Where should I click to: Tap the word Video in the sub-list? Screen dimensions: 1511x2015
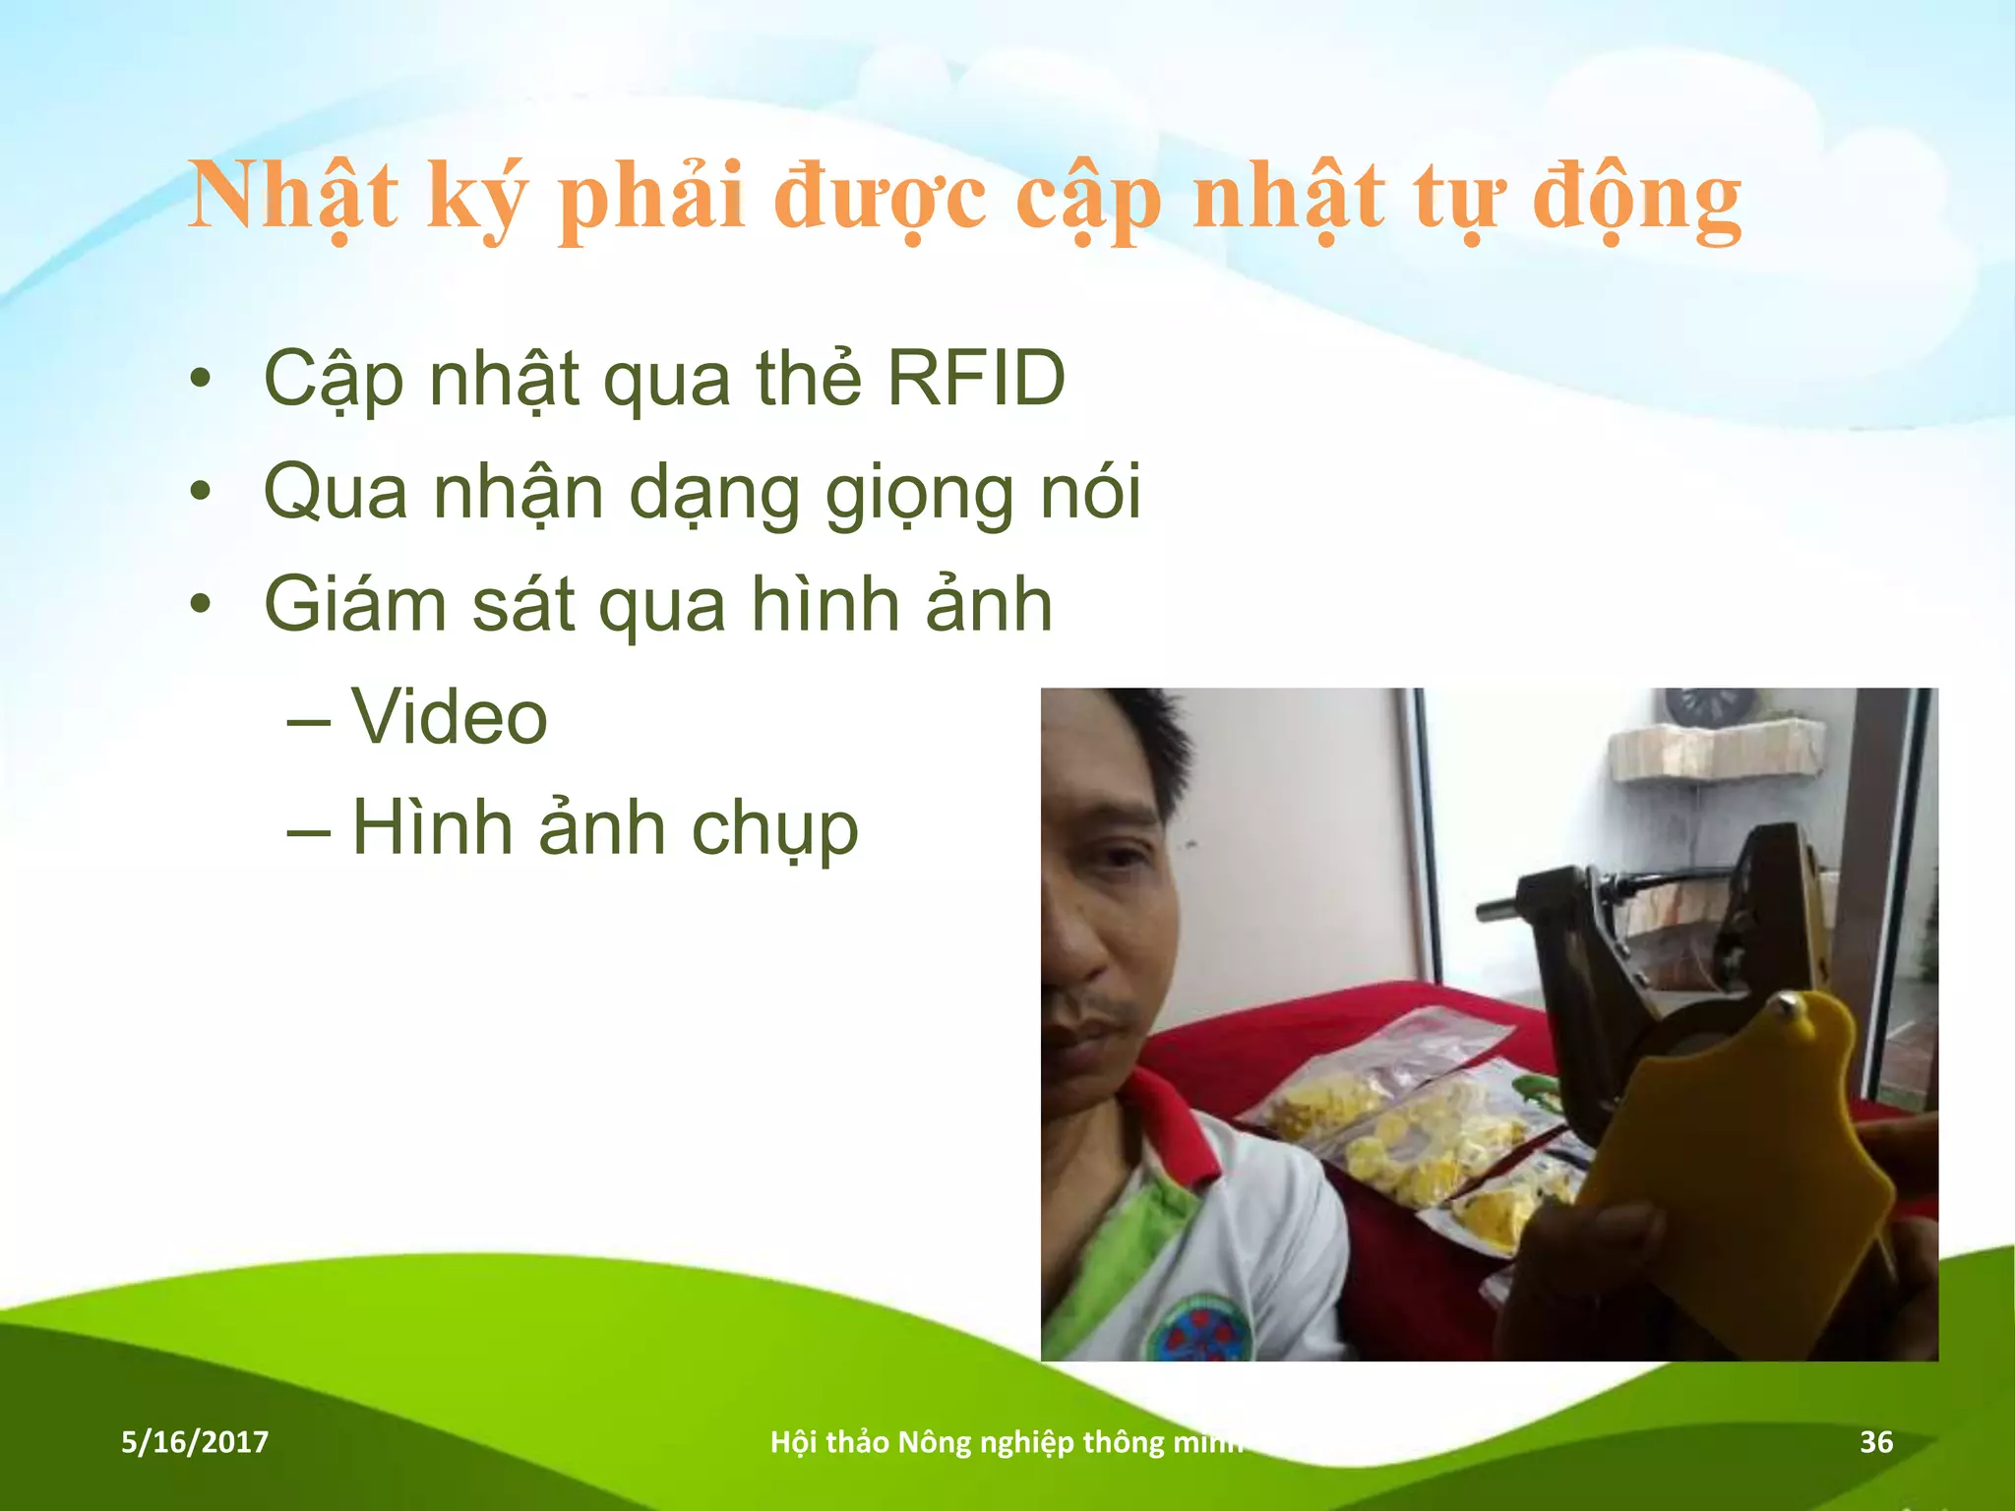coord(450,716)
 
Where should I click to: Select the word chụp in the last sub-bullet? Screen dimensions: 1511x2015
coord(774,829)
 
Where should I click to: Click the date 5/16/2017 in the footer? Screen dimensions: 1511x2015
coord(195,1442)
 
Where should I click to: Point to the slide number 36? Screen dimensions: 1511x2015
coord(1875,1442)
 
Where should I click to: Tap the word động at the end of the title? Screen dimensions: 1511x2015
coord(1636,197)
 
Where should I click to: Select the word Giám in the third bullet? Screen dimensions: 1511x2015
coord(355,604)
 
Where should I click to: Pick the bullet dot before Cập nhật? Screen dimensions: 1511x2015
coord(201,379)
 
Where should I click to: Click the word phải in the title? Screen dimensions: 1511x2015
coord(650,197)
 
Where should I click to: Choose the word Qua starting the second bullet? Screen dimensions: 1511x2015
coord(336,492)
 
